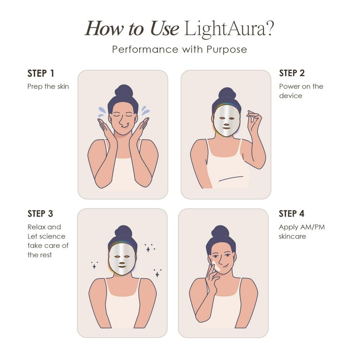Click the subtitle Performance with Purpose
pyautogui.click(x=180, y=50)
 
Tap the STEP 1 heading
pyautogui.click(x=41, y=74)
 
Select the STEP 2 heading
pyautogui.click(x=292, y=73)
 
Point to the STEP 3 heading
pyautogui.click(x=41, y=214)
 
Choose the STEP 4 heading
pyautogui.click(x=292, y=214)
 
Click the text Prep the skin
pyautogui.click(x=48, y=86)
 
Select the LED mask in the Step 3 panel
pyautogui.click(x=122, y=260)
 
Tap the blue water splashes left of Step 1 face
pyautogui.click(x=102, y=111)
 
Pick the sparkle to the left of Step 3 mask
pyautogui.click(x=94, y=265)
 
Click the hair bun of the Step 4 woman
pyautogui.click(x=220, y=231)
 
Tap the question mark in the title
pyautogui.click(x=269, y=29)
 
